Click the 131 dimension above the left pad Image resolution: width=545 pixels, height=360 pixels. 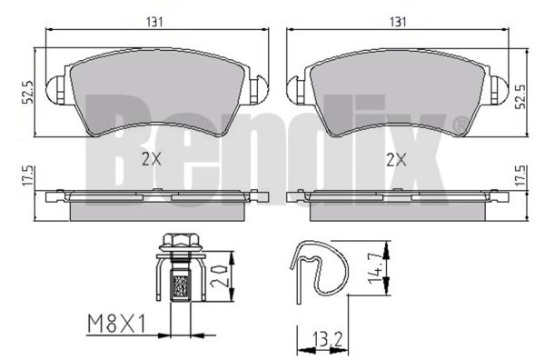pos(154,22)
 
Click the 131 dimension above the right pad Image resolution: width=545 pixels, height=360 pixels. pos(398,22)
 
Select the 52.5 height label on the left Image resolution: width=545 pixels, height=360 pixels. pos(27,92)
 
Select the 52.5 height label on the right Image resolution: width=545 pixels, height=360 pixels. pos(520,96)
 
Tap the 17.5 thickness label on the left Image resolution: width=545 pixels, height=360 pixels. pos(27,175)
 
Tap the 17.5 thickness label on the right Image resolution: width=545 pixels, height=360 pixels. pos(520,175)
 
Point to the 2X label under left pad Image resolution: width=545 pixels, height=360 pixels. pos(152,159)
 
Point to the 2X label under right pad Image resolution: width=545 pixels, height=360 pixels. pos(397,160)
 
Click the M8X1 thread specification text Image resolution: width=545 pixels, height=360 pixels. pos(116,324)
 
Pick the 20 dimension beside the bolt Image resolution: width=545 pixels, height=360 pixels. pos(219,276)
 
